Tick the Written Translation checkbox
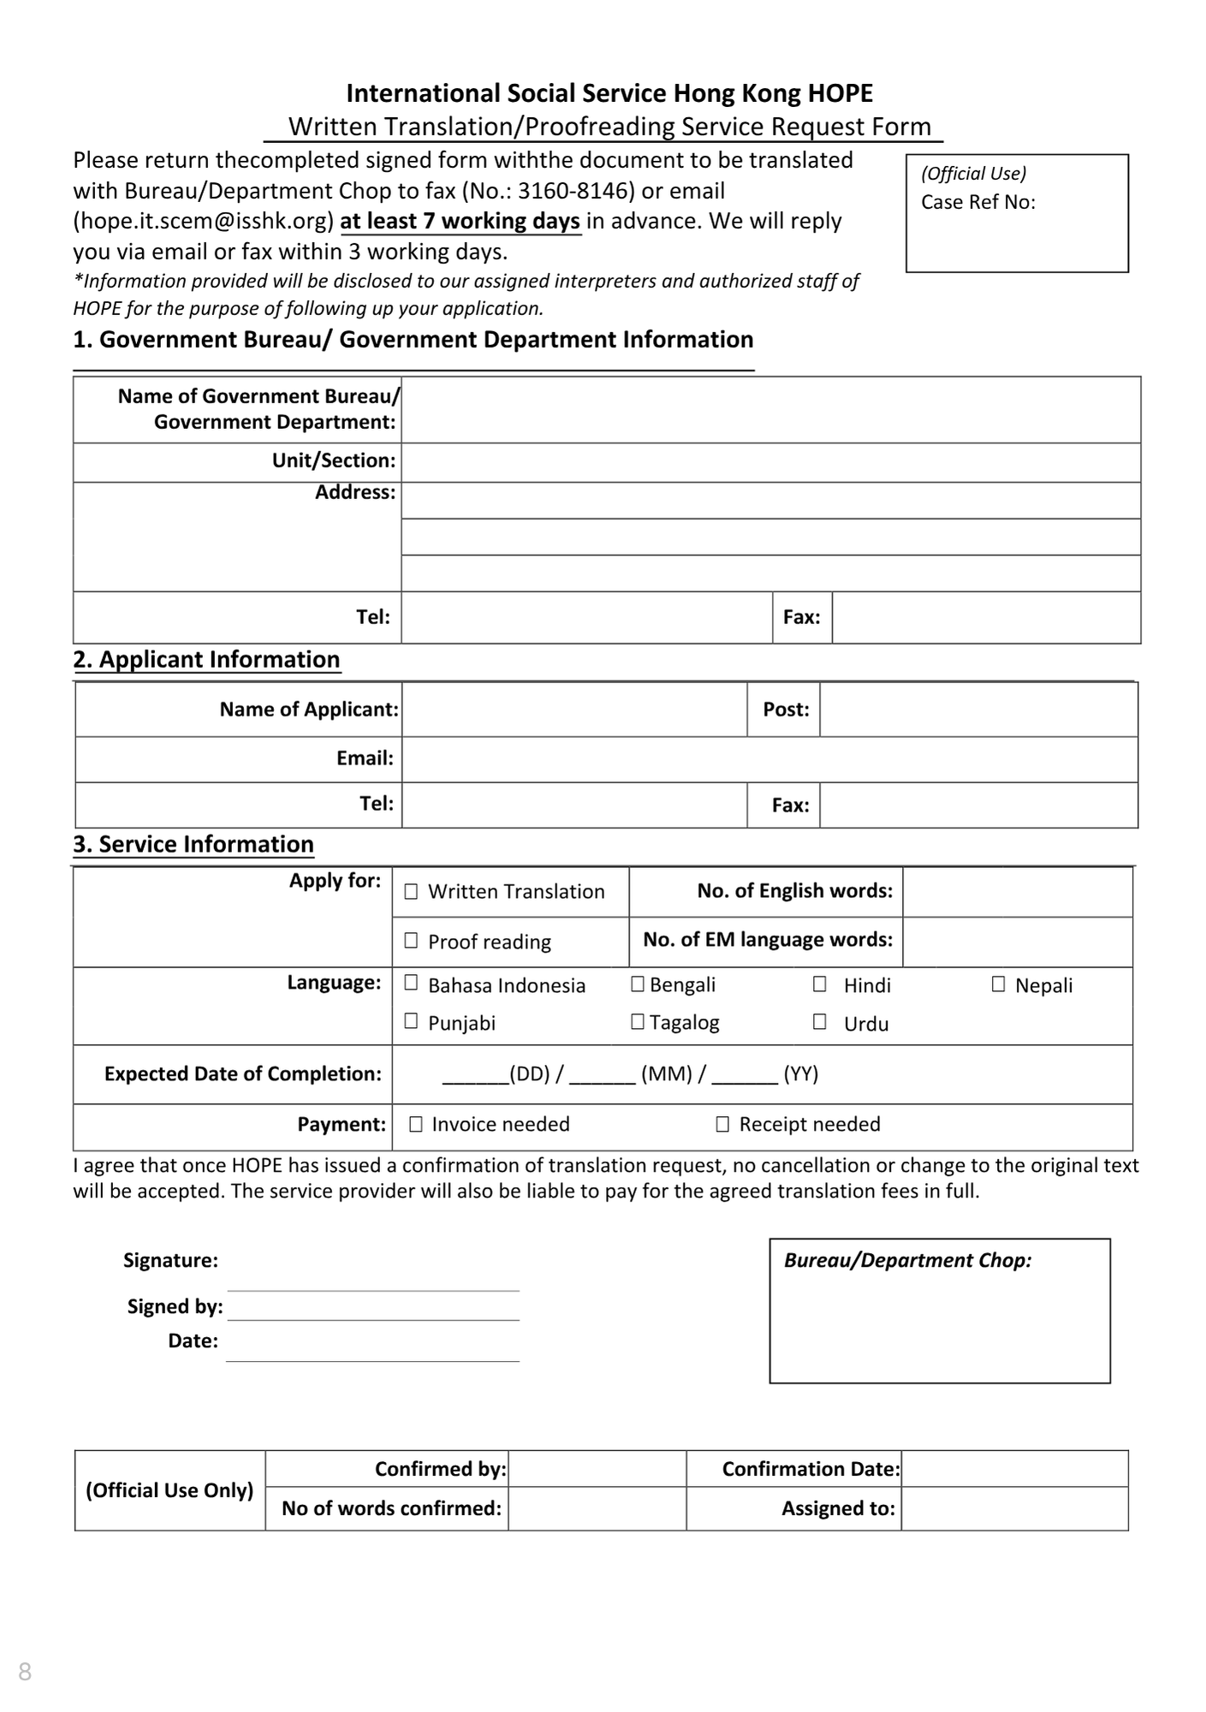pos(411,892)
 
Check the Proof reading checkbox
pos(411,942)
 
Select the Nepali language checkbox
pos(998,984)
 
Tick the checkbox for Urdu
pos(819,1022)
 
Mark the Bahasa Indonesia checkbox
pos(411,984)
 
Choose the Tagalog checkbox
pos(638,1022)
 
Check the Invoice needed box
pos(416,1125)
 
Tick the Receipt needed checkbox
pos(722,1125)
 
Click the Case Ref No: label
pos(977,203)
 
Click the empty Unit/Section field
pos(770,462)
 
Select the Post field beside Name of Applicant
pos(977,710)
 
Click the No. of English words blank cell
pos(1017,892)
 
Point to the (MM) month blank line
pos(602,1075)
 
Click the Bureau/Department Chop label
pos(907,1260)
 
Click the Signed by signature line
pos(372,1308)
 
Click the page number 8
pos(25,1671)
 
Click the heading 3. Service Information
pos(193,844)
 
